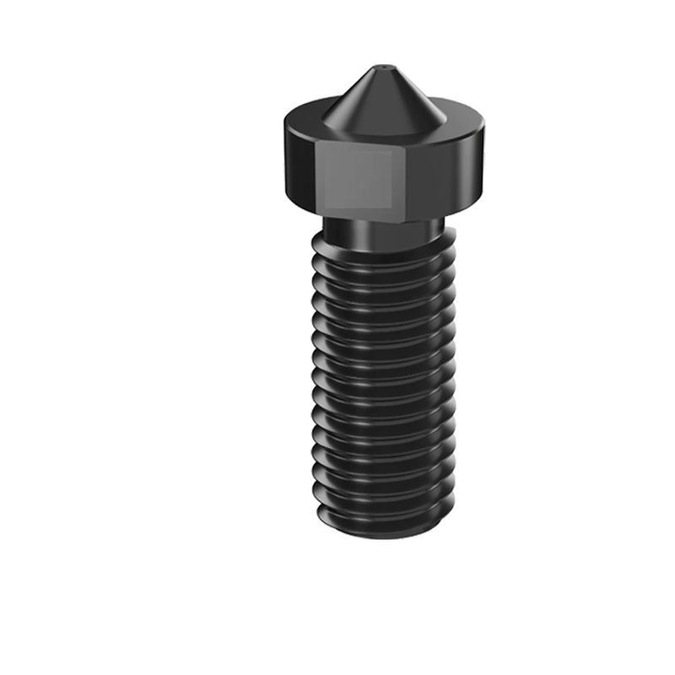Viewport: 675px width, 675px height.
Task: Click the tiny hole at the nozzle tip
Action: [381, 65]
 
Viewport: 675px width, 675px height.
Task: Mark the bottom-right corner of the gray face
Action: [393, 208]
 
